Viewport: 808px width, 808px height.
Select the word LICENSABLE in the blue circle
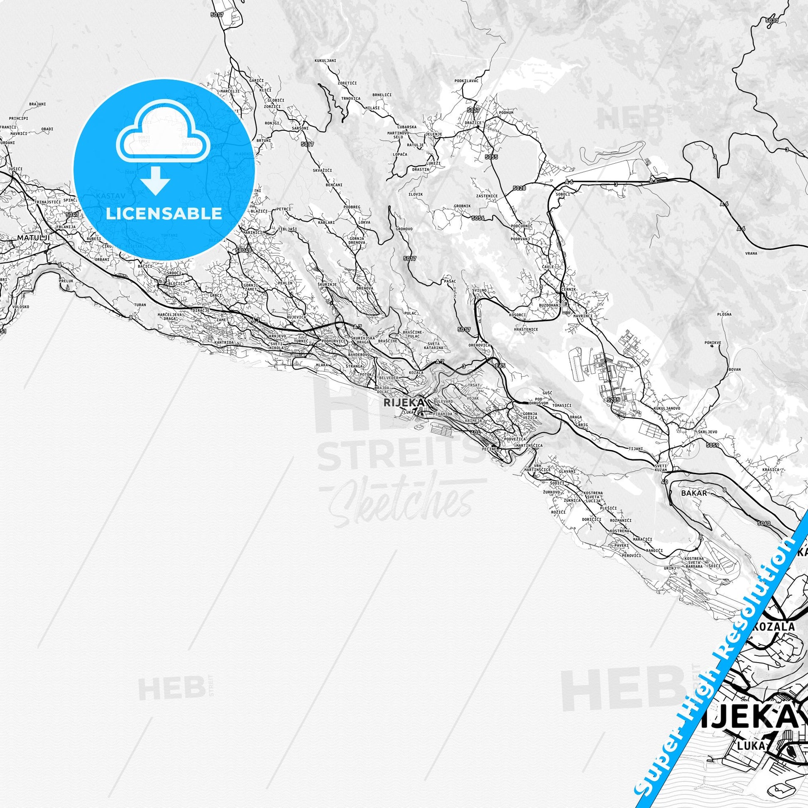point(164,213)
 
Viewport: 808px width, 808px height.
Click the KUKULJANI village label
point(325,61)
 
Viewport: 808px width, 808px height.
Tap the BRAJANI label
point(37,104)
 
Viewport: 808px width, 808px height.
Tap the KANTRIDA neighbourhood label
point(224,343)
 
